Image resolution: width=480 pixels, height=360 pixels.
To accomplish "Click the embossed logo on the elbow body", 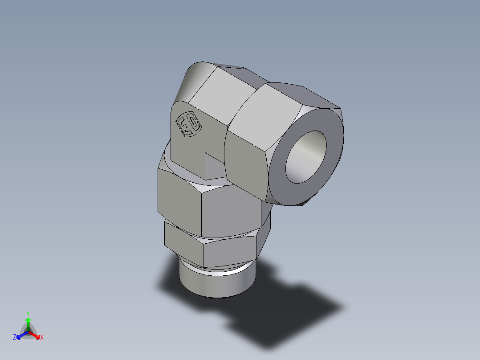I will [189, 124].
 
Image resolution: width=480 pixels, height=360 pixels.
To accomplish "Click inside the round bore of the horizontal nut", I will [306, 157].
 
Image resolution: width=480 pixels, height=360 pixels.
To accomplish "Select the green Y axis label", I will [28, 313].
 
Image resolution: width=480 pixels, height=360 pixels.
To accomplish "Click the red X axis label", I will [42, 338].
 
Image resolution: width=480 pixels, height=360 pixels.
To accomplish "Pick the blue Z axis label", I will [15, 338].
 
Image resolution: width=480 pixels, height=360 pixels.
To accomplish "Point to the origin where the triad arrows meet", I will [28, 332].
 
